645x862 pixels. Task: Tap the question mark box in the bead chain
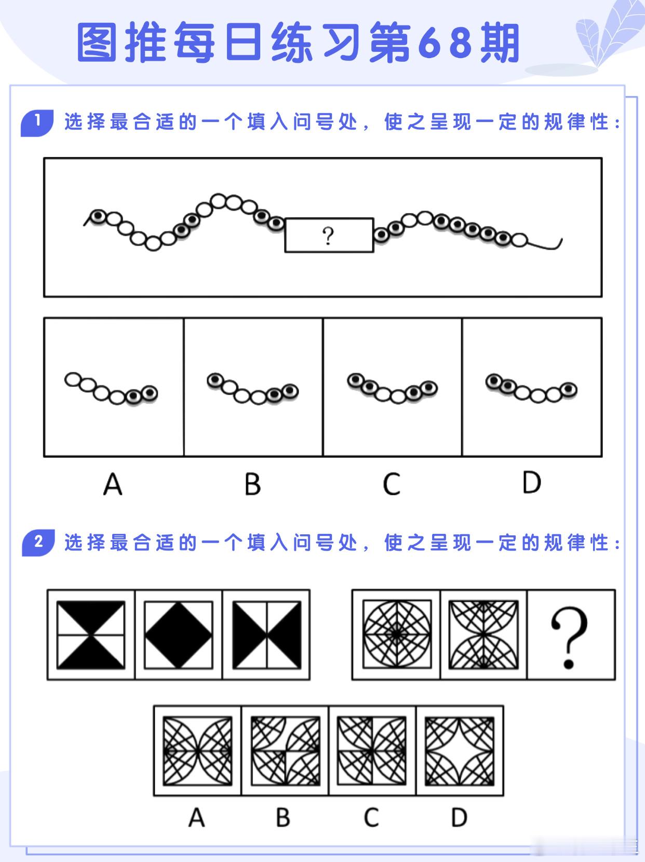click(x=329, y=235)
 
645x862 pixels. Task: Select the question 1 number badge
click(x=37, y=123)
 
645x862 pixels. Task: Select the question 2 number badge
click(x=38, y=543)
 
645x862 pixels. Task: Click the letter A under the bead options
click(x=113, y=484)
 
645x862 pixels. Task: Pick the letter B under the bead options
click(x=252, y=484)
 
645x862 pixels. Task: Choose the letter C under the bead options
click(x=392, y=484)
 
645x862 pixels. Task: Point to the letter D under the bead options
click(x=532, y=482)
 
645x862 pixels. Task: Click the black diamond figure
click(x=179, y=635)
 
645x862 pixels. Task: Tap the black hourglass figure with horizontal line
click(x=91, y=635)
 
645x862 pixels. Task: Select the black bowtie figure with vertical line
click(x=267, y=635)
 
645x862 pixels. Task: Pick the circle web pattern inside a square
click(x=397, y=634)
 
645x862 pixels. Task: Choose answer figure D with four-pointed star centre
click(x=460, y=751)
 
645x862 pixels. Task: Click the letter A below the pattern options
click(x=197, y=818)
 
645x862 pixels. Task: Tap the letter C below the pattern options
click(x=371, y=818)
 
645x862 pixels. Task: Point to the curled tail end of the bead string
click(x=560, y=241)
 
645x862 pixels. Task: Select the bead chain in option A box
click(x=112, y=389)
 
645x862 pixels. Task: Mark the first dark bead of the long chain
click(x=98, y=216)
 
